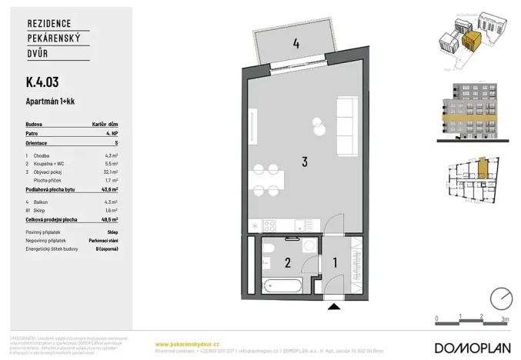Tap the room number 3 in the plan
[305, 162]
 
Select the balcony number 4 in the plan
[296, 44]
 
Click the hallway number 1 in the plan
[335, 263]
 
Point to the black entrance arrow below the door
[333, 308]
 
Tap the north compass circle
[501, 298]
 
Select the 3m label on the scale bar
[504, 317]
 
